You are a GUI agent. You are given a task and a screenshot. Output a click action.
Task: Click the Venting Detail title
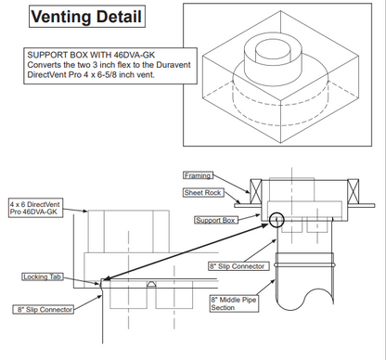(86, 17)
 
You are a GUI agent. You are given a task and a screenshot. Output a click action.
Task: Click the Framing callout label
(198, 174)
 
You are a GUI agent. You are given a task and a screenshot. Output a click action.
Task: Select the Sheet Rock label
(199, 191)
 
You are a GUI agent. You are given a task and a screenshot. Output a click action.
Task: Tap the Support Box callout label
(216, 220)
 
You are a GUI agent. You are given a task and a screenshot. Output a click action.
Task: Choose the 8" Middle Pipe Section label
(235, 303)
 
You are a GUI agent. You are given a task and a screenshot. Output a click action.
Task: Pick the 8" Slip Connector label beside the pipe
(238, 265)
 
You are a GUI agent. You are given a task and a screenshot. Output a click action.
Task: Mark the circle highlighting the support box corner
(276, 220)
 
